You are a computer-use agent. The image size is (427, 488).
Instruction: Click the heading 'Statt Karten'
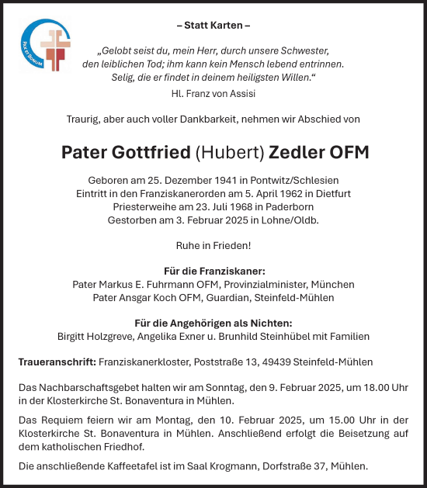213,26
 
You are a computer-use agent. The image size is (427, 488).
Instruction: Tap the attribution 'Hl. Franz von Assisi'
213,93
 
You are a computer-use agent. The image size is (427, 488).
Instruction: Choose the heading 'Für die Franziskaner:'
213,272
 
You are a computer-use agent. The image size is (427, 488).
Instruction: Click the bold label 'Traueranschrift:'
57,362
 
